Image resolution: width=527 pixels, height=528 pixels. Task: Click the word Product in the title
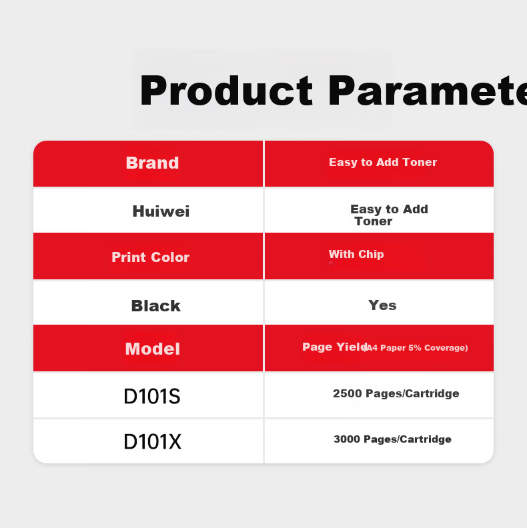(x=226, y=91)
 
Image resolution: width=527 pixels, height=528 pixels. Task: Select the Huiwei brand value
(x=161, y=211)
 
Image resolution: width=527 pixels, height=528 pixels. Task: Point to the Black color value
(x=155, y=306)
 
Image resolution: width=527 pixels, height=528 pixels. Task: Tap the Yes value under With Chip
(x=382, y=305)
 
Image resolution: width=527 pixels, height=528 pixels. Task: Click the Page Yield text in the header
(x=334, y=347)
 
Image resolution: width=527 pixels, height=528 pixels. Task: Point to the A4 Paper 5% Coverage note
(x=416, y=348)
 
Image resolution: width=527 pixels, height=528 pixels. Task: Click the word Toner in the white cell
(x=374, y=221)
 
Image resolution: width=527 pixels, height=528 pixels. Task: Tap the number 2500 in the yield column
(x=348, y=393)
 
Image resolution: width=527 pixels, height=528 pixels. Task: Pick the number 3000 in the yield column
(x=347, y=439)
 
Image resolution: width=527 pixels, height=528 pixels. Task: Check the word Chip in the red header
(x=371, y=254)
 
